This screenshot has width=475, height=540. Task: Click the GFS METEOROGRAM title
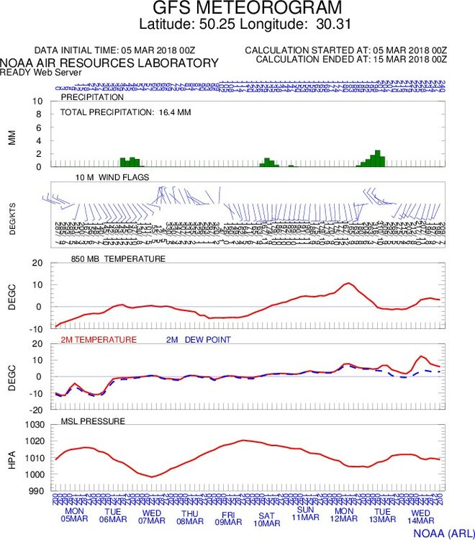tap(237, 9)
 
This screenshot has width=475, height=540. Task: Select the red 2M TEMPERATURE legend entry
tap(99, 339)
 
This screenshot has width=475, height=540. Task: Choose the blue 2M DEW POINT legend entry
tap(199, 339)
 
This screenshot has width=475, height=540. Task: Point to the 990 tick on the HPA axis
tap(41, 491)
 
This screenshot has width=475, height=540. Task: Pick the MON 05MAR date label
tap(71, 522)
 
